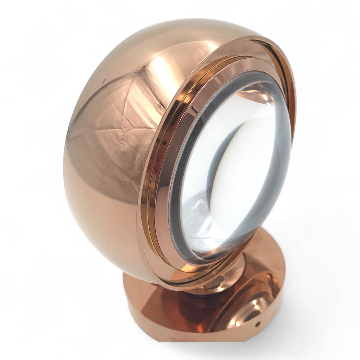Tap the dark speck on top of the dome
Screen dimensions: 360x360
point(104,80)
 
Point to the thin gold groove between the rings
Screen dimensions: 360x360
point(152,187)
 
